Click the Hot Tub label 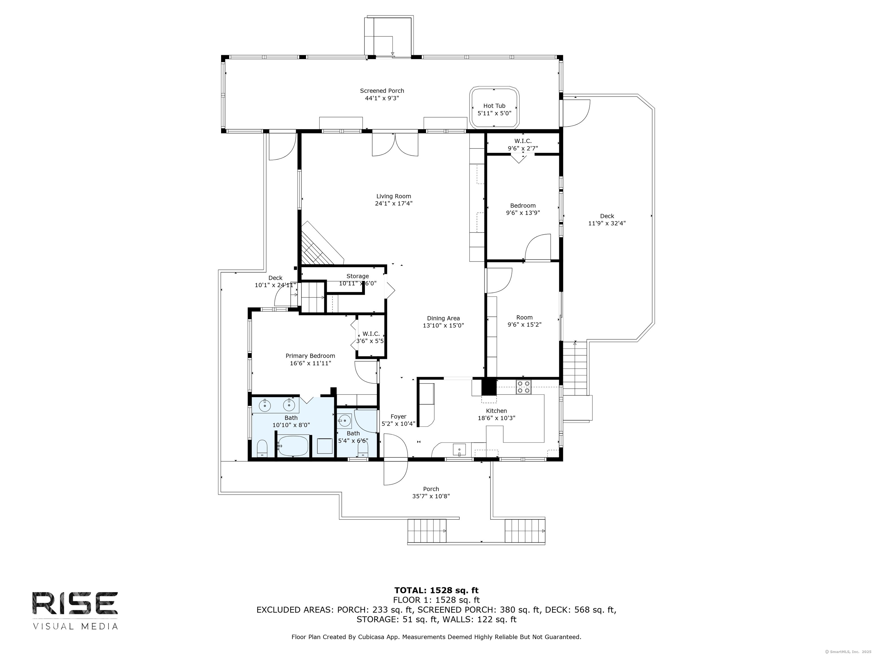pyautogui.click(x=494, y=106)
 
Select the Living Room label pyautogui.click(x=394, y=196)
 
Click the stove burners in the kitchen pyautogui.click(x=524, y=387)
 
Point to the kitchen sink pyautogui.click(x=460, y=450)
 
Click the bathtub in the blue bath pyautogui.click(x=293, y=446)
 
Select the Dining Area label pyautogui.click(x=443, y=318)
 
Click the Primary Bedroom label pyautogui.click(x=310, y=356)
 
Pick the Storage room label pyautogui.click(x=357, y=276)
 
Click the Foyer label pyautogui.click(x=398, y=416)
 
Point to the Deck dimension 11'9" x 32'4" pyautogui.click(x=607, y=223)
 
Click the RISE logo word pyautogui.click(x=75, y=603)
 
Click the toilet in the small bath pyautogui.click(x=363, y=449)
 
